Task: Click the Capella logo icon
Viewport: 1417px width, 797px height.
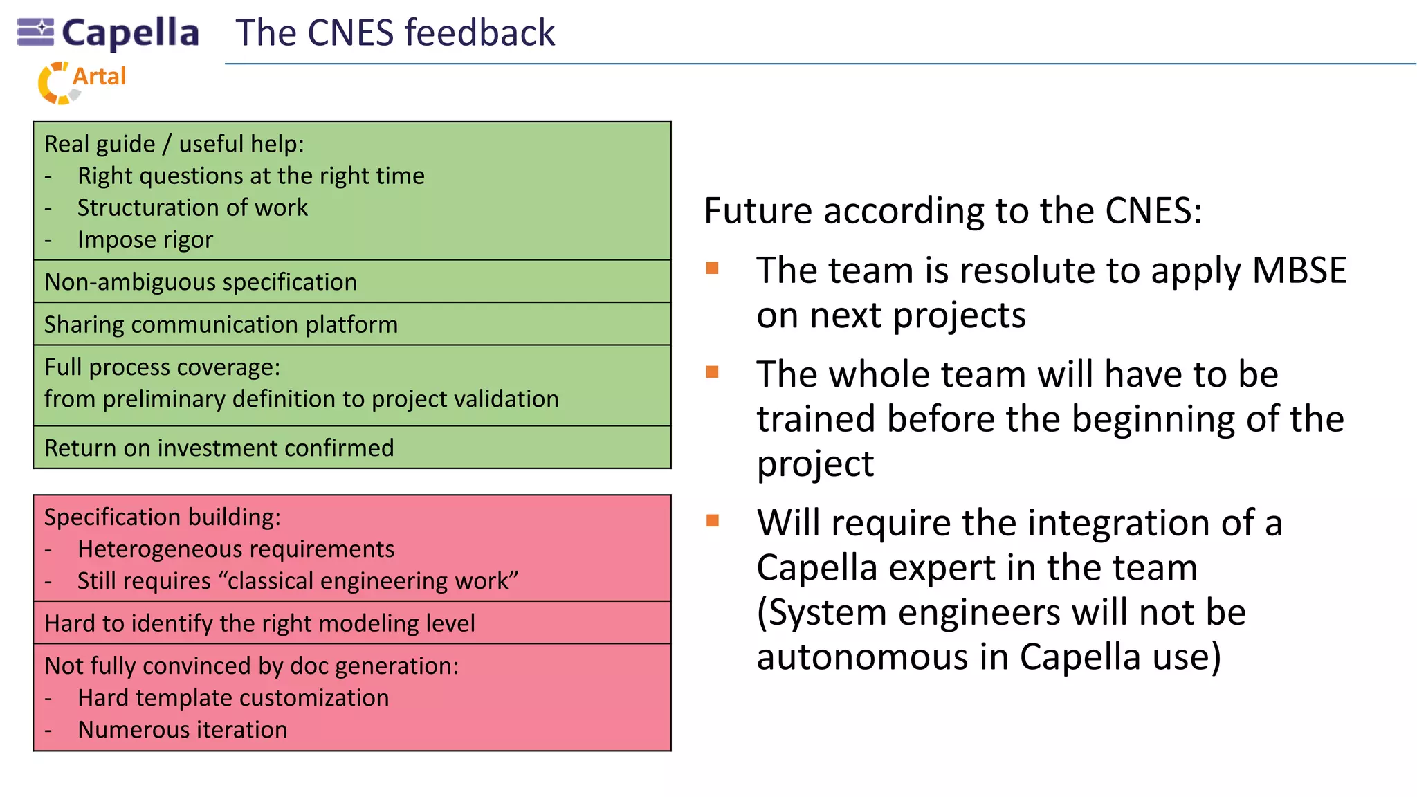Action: click(x=35, y=32)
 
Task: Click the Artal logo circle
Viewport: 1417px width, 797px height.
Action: click(x=55, y=84)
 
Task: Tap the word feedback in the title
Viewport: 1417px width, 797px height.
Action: click(x=479, y=33)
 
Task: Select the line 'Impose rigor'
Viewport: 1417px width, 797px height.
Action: click(x=145, y=239)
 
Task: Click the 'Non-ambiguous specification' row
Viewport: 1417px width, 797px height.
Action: click(x=201, y=282)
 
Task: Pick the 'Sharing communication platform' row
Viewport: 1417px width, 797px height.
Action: click(x=221, y=324)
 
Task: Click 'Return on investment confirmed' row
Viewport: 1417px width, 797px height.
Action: click(x=219, y=448)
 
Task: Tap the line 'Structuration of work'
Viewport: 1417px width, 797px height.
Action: click(x=192, y=208)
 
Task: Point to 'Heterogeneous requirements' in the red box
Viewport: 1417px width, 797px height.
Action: click(x=235, y=549)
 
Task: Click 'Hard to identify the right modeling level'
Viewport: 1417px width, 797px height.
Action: click(x=259, y=623)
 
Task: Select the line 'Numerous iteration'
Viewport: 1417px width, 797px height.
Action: click(x=182, y=730)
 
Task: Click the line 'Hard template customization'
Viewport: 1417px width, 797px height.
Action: click(x=233, y=698)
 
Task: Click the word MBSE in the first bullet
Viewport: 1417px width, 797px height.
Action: click(x=1299, y=271)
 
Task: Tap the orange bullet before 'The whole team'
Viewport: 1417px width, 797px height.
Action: click(x=713, y=372)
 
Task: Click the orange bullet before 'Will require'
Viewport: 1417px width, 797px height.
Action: click(x=713, y=520)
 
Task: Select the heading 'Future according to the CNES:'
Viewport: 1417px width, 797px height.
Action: click(x=953, y=211)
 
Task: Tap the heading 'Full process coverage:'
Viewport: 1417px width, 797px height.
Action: click(x=163, y=367)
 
